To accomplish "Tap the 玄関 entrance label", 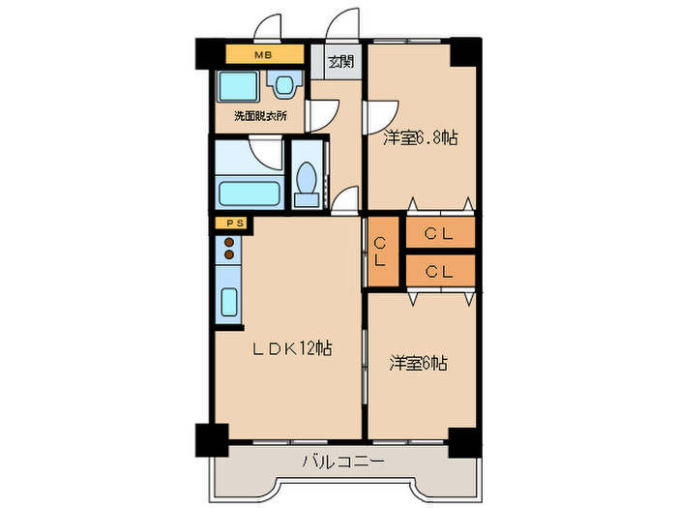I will coord(339,63).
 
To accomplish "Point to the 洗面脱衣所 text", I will coord(260,117).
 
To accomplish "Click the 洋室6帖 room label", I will coord(418,364).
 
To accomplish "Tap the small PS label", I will coord(231,224).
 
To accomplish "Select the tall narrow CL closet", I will coord(380,253).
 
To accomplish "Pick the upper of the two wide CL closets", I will coord(440,233).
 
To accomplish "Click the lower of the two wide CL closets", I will coord(440,271).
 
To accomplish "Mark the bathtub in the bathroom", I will coord(250,190).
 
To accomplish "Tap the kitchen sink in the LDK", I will coord(229,303).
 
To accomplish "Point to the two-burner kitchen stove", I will coord(229,248).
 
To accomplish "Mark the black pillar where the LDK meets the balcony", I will coord(211,440).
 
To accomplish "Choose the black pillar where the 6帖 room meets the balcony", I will coord(464,440).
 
